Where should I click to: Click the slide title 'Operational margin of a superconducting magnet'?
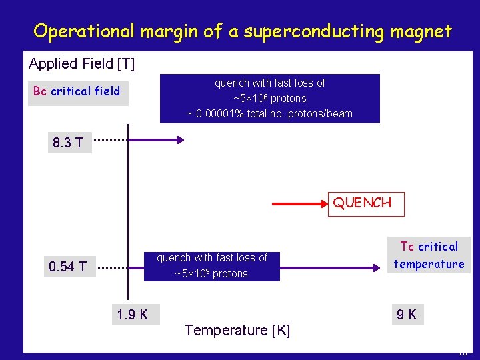coord(243,31)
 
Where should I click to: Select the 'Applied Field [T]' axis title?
coord(81,64)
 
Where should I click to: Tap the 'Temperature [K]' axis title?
coord(237,330)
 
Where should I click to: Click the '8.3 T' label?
coord(68,142)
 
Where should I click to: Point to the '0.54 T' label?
coord(67,267)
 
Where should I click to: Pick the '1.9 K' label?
coord(132,314)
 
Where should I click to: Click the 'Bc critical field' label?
coord(77,91)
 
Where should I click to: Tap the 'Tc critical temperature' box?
coord(429,255)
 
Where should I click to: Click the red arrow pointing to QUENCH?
coord(300,203)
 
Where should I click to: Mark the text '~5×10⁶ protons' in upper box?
coord(269,98)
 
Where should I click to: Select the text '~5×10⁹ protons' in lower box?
coord(211,273)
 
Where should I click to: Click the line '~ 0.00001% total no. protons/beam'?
coord(269,113)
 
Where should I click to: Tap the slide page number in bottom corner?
coord(462,353)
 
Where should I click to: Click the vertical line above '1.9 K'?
coord(128,213)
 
